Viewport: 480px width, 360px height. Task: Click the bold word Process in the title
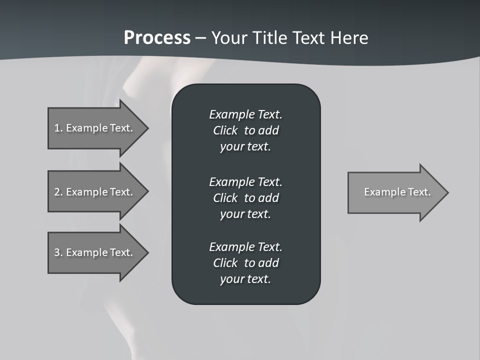[x=157, y=38]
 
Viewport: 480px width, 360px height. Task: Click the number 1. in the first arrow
[x=58, y=128]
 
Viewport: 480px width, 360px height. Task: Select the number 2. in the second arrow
[x=58, y=192]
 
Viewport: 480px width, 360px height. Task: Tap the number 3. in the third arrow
[x=58, y=252]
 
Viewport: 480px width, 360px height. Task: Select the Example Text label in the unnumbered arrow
[x=397, y=192]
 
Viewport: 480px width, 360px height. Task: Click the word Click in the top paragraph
[x=225, y=130]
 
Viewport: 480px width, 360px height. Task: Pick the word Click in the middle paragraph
[x=225, y=198]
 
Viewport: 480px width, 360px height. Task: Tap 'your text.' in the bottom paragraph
[x=245, y=279]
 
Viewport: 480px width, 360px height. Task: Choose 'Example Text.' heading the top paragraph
[x=245, y=114]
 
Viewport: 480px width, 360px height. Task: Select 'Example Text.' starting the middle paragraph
[x=245, y=181]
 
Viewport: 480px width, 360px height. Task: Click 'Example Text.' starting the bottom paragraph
[x=245, y=247]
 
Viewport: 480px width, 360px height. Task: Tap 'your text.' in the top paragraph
[x=245, y=146]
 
